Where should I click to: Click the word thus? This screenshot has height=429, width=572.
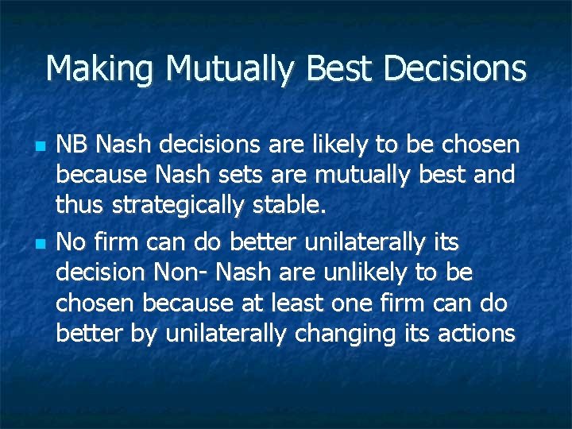[x=81, y=206]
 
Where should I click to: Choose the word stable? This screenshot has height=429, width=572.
[x=297, y=206]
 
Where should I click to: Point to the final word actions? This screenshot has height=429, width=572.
[x=476, y=334]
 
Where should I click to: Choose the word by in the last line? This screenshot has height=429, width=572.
[x=144, y=334]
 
